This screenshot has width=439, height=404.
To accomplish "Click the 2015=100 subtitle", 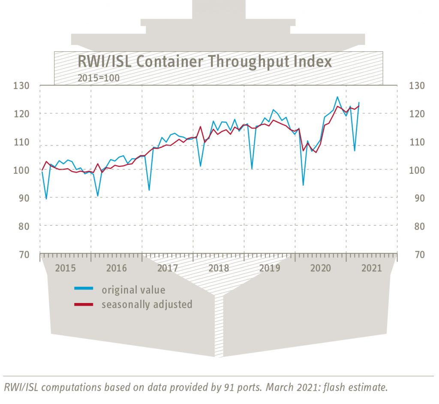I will pos(98,78).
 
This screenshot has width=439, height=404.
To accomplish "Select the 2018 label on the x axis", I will pos(219,268).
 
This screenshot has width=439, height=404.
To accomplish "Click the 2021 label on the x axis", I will pos(372,268).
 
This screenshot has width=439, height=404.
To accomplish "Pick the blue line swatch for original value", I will pos(84,289).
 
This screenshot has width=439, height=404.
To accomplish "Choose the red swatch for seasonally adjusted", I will pos(84,304).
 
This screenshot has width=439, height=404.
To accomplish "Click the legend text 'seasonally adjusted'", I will pos(147,304).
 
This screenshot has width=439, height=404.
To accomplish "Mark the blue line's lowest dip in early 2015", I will pos(46,199).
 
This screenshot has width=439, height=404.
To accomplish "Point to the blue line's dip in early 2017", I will pos(149,190).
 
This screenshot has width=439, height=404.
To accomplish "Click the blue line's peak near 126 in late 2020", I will pos(337,97).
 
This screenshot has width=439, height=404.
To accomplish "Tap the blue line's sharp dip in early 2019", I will pos(252,169).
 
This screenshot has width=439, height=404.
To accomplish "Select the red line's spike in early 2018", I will pos(200,126).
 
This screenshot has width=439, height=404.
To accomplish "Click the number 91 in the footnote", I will pos(229,388).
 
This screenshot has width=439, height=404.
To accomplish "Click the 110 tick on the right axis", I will pos(419,142).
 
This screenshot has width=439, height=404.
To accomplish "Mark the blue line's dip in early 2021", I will pos(355,151).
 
